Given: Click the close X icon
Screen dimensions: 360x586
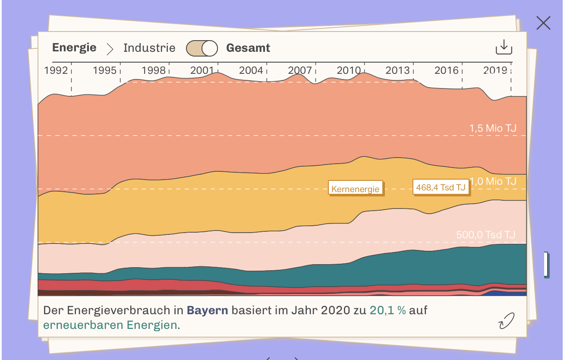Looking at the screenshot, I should click(543, 23).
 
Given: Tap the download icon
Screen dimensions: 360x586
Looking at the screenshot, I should click(504, 47).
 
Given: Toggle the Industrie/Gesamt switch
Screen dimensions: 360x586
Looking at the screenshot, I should click(202, 48).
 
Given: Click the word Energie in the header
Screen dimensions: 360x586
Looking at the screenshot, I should click(74, 47).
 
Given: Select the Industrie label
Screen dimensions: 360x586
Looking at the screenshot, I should click(149, 48).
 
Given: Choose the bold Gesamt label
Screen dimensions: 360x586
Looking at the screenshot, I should click(248, 48).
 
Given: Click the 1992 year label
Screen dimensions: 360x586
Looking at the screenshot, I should click(56, 70).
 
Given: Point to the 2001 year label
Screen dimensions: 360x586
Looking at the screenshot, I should click(202, 70).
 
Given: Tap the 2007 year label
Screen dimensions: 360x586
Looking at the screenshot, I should click(300, 70).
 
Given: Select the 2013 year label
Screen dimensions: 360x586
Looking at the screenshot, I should click(397, 70).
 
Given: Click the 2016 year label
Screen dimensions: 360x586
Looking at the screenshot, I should click(446, 70).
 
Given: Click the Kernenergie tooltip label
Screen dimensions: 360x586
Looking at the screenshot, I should click(356, 189).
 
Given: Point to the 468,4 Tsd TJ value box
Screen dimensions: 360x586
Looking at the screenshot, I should click(441, 187).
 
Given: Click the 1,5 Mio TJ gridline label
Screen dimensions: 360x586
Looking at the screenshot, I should click(493, 128).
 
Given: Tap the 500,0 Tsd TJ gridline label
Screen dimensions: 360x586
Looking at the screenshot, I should click(486, 235).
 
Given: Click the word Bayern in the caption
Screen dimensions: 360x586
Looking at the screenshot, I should click(207, 310).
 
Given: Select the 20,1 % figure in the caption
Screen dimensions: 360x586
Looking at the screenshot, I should click(388, 310).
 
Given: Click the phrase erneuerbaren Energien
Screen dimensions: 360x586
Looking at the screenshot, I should click(110, 325).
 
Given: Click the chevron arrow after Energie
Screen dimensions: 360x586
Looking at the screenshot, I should click(110, 48).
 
